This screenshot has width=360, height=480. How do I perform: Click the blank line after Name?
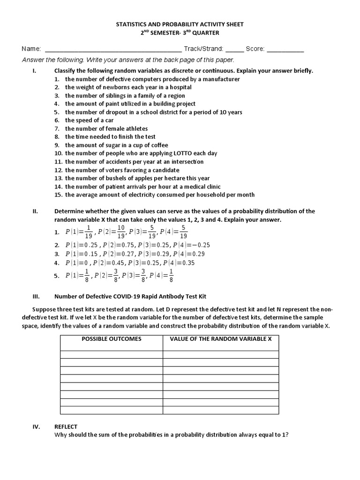[112, 49]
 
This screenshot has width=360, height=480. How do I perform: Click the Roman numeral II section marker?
[35, 211]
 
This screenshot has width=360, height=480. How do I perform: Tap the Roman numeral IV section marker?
[35, 427]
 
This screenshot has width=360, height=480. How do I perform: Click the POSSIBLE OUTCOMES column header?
[112, 338]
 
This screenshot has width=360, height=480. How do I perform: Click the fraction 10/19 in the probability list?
[121, 232]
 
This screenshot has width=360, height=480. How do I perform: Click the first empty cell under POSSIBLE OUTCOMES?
[112, 354]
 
